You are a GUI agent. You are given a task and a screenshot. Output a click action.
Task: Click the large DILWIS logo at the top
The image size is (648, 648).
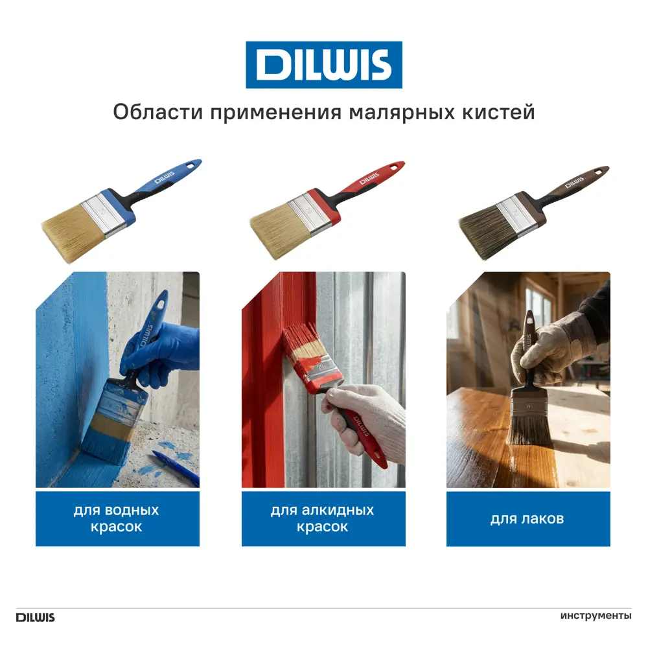(x=323, y=65)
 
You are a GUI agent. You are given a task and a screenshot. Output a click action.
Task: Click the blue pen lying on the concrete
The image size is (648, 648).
(x=175, y=467)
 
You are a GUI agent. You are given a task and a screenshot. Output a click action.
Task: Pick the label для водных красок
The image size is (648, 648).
(x=117, y=518)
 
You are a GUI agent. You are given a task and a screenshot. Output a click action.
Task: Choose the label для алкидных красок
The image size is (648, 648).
(x=323, y=518)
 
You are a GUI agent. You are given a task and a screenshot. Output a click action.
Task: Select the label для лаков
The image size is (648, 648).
(x=527, y=518)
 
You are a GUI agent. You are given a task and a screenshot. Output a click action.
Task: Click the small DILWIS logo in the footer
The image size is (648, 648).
(x=36, y=617)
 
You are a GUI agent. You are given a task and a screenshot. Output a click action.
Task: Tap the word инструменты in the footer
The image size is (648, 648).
(x=596, y=616)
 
